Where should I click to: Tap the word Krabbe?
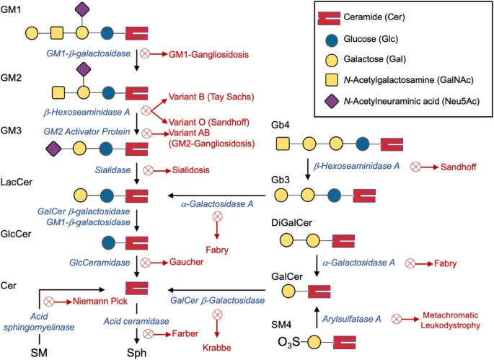point(217,347)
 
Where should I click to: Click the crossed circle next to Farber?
point(148,333)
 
